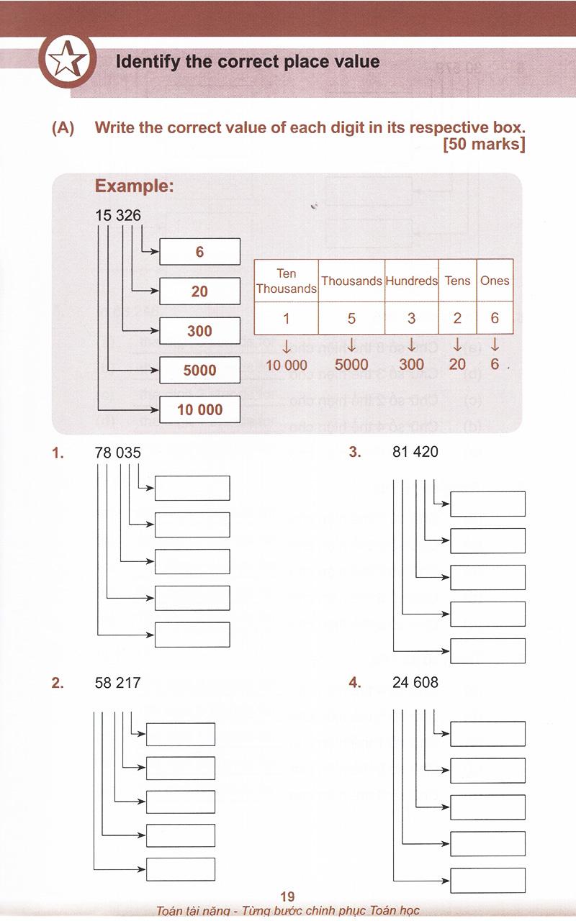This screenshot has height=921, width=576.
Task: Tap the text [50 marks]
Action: [x=485, y=145]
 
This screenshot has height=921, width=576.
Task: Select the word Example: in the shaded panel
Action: [x=134, y=186]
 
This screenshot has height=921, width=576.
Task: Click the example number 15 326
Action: [x=118, y=215]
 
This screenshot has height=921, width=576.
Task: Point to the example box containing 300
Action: [x=199, y=331]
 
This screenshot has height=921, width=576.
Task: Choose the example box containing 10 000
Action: [x=199, y=410]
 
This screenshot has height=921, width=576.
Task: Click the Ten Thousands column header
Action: [x=286, y=281]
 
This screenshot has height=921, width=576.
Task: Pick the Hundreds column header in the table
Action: [x=411, y=281]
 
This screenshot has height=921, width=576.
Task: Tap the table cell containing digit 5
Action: [x=351, y=318]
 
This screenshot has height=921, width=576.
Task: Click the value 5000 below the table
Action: [x=351, y=365]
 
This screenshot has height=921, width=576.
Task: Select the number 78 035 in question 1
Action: [x=118, y=453]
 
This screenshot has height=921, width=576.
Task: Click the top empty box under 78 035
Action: [x=192, y=488]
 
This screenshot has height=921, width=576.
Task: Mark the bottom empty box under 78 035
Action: [x=192, y=635]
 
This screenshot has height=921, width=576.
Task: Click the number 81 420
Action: [x=415, y=452]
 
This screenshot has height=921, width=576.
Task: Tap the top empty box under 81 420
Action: [x=487, y=504]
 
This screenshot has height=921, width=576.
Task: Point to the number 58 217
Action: [x=117, y=683]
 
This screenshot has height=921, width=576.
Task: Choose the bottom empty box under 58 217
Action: [x=180, y=869]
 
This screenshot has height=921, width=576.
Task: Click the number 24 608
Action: [x=415, y=682]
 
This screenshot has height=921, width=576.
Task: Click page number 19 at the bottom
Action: [x=287, y=897]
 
